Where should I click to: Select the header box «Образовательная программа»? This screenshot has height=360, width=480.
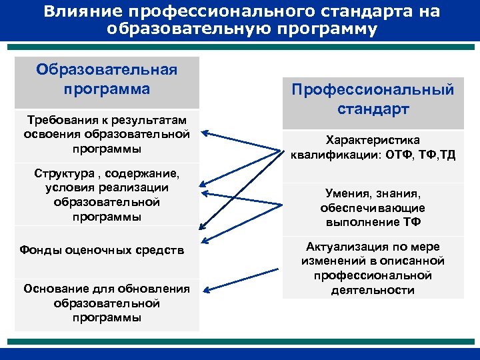click(107, 80)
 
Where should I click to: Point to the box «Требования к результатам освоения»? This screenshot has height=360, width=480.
click(107, 134)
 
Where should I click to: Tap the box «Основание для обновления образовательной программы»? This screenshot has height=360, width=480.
click(107, 303)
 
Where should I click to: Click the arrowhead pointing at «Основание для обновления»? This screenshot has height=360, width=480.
click(205, 290)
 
